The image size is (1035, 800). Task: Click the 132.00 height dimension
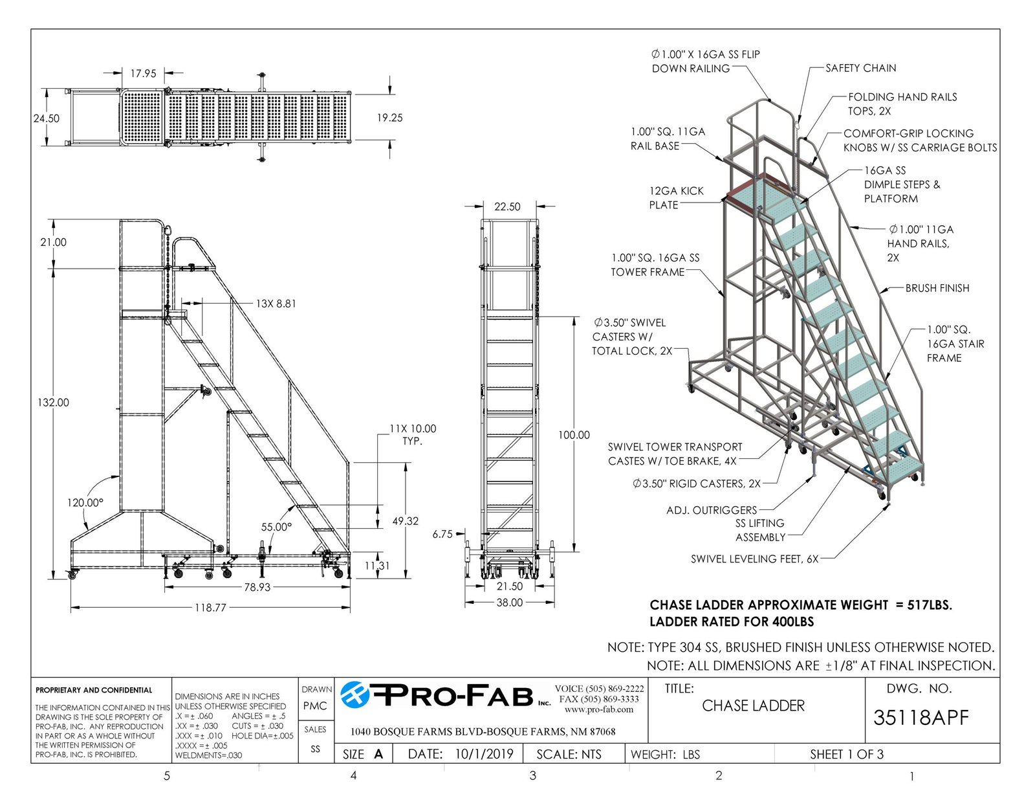[53, 403]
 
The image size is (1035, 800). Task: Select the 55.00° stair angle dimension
[276, 527]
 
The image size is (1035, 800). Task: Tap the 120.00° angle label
[85, 503]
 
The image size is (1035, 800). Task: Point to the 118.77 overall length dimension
[210, 608]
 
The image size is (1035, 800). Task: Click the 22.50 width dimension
[507, 206]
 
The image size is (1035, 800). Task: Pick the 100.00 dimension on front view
[574, 435]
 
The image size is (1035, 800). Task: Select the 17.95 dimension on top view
[144, 73]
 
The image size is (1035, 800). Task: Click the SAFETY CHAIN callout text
[861, 68]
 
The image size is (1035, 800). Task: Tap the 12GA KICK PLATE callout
[677, 198]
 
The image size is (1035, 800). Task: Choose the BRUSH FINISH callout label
[937, 288]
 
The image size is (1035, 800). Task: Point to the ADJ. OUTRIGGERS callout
[712, 510]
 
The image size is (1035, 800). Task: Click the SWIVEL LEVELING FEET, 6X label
[754, 559]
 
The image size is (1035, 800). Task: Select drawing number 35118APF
[921, 718]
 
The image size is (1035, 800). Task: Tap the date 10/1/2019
[484, 754]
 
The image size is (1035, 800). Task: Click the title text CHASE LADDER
[753, 706]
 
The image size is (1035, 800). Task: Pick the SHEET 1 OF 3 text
[847, 754]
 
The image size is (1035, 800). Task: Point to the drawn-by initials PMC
[315, 706]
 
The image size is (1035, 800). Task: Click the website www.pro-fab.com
[599, 709]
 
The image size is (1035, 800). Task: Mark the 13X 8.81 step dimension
[276, 304]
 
